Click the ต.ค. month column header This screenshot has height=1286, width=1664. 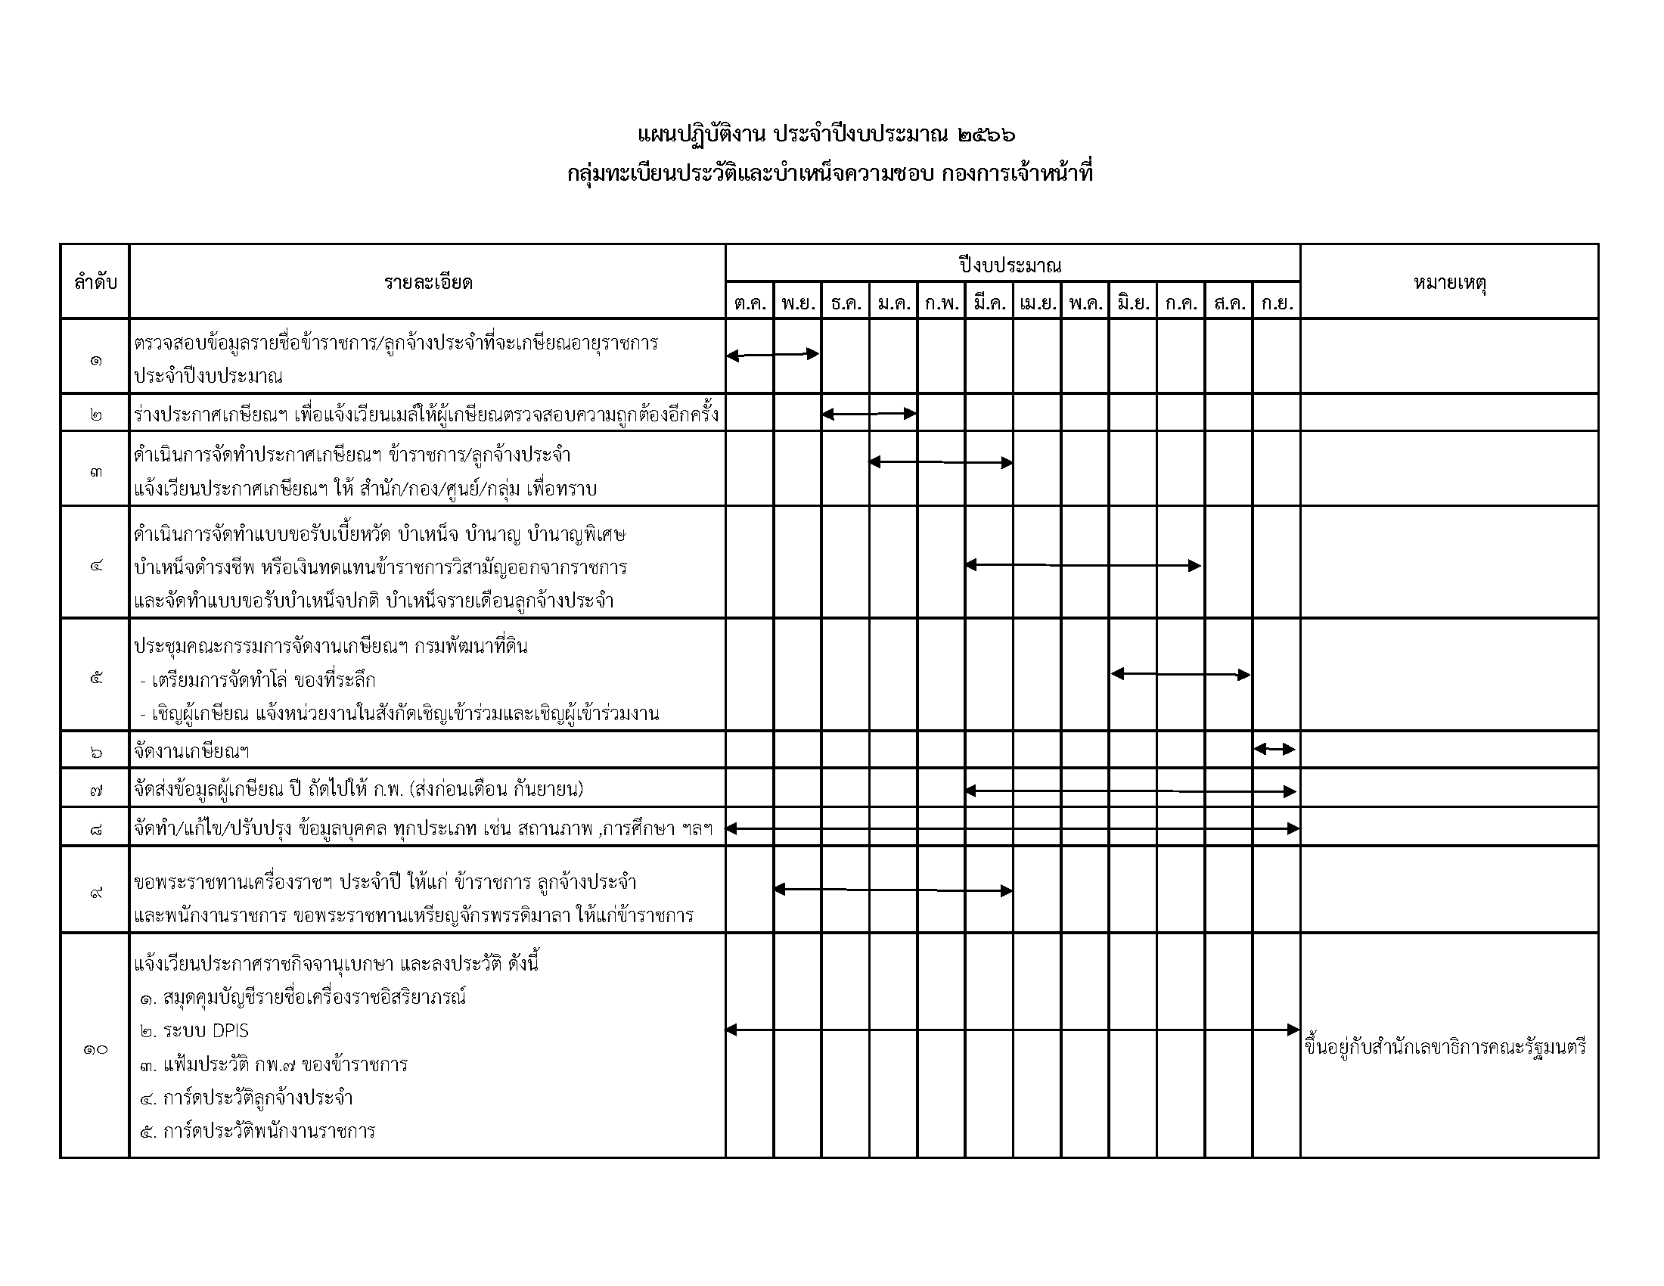point(750,303)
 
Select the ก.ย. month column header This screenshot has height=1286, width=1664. point(1276,303)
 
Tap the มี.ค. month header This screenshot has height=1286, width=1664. point(989,303)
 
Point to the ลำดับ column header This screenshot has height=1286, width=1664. point(95,283)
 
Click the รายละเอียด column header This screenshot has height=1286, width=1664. point(427,283)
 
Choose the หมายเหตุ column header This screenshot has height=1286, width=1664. point(1449,283)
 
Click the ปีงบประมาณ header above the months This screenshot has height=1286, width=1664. point(1011,265)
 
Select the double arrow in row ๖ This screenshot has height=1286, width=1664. point(1274,750)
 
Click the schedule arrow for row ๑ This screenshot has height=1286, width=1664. point(772,355)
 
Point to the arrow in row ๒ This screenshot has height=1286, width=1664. point(868,415)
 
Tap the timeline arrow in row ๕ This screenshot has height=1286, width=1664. point(1180,674)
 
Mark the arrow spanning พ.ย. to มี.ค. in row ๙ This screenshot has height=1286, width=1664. point(893,890)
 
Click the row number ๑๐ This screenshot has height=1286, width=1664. point(95,1049)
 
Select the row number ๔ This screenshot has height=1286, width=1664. point(95,566)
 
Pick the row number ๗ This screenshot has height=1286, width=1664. point(95,790)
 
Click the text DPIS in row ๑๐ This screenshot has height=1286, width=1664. point(230,1031)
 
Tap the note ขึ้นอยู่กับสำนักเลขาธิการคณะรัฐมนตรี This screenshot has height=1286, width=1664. point(1445,1048)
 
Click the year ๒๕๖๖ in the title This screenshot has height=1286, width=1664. point(986,135)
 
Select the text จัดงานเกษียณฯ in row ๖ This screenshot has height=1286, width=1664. point(192,752)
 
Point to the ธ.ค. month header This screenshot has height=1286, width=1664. point(846,303)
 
